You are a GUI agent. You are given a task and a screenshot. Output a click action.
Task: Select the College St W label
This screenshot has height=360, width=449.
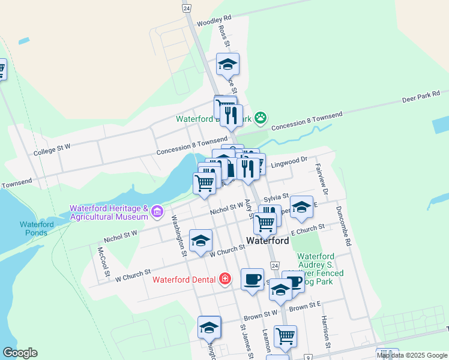52,148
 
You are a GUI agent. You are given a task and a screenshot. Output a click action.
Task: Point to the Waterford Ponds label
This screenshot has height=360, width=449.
37,229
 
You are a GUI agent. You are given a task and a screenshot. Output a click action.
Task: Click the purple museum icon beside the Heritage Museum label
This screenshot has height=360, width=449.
157,211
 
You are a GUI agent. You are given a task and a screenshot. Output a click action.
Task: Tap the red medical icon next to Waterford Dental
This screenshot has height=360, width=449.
225,279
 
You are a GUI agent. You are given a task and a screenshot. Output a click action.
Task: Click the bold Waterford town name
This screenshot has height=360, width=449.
268,241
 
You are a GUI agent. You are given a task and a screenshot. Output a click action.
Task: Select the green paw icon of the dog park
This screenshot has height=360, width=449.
260,118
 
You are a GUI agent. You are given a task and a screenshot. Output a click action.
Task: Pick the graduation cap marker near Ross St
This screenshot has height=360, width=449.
228,64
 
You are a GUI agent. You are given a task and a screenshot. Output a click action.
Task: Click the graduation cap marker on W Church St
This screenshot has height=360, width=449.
200,241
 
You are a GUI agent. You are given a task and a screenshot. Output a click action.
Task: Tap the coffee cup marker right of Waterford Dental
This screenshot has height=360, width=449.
253,280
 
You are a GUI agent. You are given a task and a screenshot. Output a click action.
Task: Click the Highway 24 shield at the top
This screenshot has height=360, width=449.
187,8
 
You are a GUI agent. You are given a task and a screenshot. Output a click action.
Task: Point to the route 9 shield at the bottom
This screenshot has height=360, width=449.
307,357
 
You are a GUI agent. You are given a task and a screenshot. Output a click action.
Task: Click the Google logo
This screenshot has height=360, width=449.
20,353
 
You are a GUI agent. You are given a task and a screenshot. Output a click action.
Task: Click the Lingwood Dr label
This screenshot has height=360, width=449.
288,162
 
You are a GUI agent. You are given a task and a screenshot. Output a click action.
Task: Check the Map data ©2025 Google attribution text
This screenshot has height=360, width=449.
412,355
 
